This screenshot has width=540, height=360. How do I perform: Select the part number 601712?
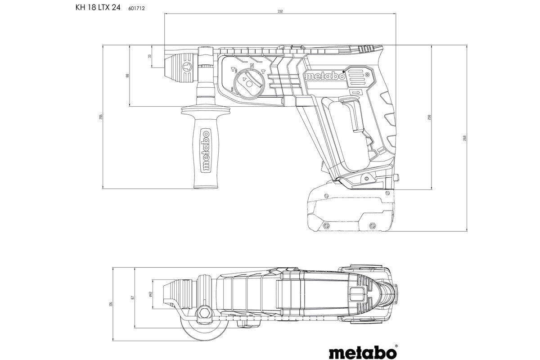[130, 8]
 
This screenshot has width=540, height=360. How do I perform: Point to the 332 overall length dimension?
[280, 11]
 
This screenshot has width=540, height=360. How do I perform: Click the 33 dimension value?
[150, 57]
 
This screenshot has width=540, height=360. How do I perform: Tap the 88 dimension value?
[127, 76]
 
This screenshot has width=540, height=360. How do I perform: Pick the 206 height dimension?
[101, 117]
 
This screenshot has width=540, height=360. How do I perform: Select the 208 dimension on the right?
[429, 117]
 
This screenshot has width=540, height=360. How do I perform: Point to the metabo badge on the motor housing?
[324, 76]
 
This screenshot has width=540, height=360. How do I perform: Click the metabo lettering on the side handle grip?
[205, 152]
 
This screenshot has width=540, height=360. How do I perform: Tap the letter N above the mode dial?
[252, 66]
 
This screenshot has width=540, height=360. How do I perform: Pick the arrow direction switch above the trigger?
[356, 93]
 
